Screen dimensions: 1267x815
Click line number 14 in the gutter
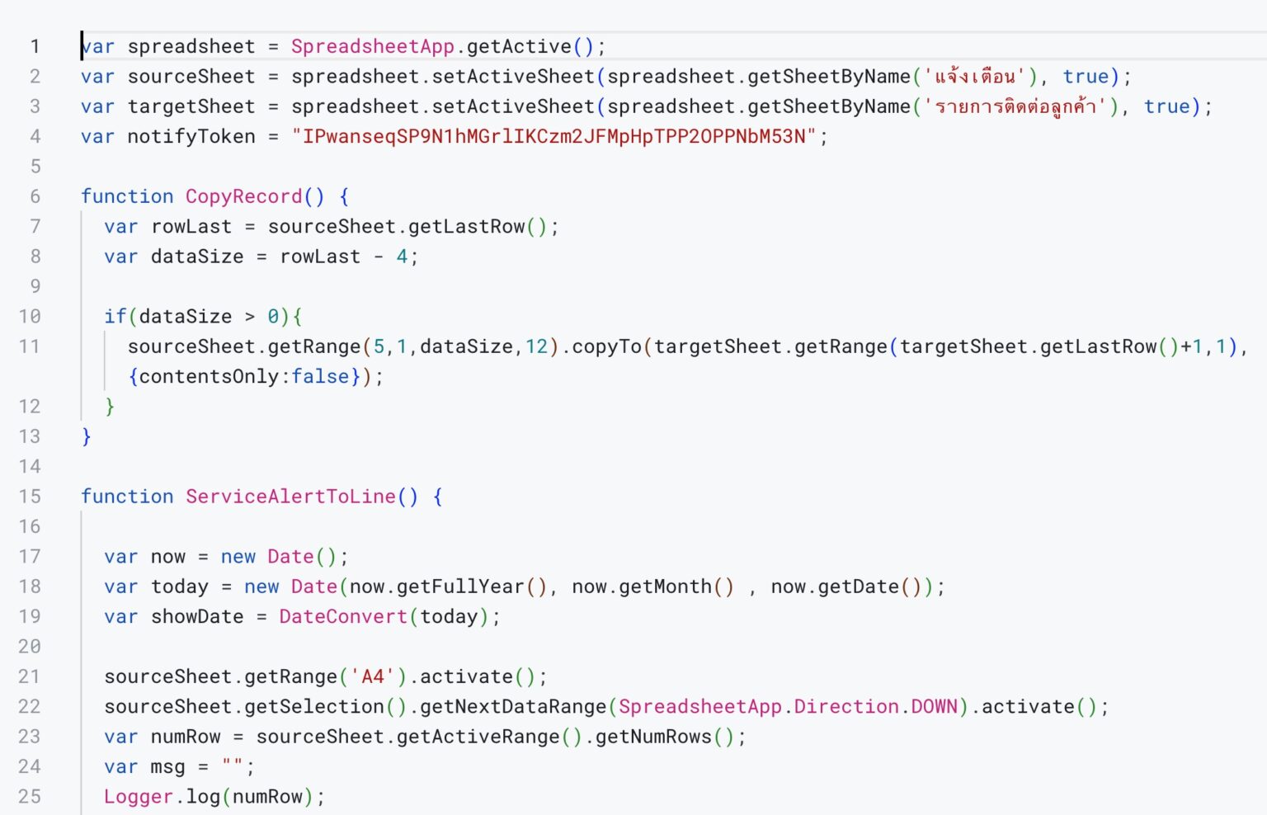[30, 467]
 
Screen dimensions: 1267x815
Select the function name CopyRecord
[244, 196]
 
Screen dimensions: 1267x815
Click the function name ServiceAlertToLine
[290, 496]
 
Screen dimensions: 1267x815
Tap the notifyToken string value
[553, 136]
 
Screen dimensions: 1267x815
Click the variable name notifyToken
[191, 136]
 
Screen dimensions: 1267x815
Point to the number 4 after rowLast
[402, 257]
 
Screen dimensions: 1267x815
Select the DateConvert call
[343, 616]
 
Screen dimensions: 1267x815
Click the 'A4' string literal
[373, 676]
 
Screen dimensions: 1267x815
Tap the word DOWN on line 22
[935, 706]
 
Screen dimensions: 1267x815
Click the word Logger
[139, 796]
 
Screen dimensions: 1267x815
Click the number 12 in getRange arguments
[536, 346]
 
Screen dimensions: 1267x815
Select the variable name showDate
[197, 616]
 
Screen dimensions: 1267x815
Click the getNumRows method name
[653, 737]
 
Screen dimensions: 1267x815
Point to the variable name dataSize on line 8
[197, 257]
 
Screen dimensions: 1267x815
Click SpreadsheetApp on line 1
[373, 46]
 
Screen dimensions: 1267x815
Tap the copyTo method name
[606, 346]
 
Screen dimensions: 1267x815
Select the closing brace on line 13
[87, 436]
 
